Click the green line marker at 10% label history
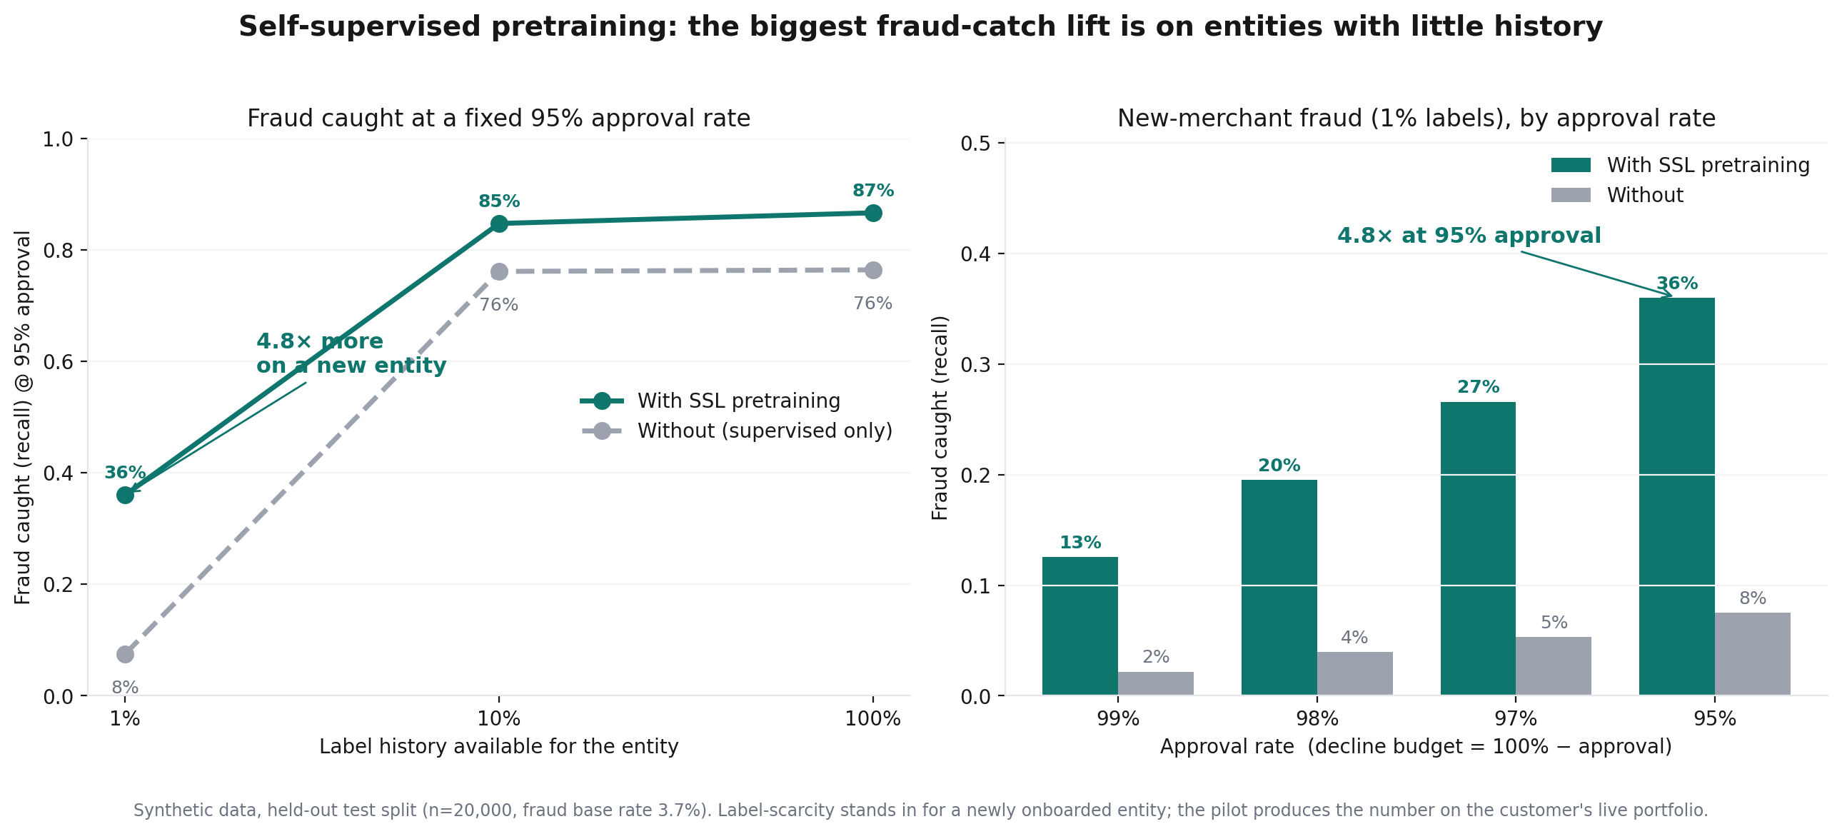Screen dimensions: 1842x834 (499, 223)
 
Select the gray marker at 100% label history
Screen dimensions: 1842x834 (873, 270)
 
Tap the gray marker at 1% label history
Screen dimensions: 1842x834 (125, 654)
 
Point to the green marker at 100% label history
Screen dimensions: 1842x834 (873, 213)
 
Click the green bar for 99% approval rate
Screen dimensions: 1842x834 (1079, 626)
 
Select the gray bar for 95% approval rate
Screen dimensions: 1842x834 (1753, 654)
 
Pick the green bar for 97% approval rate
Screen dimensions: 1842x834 (1478, 548)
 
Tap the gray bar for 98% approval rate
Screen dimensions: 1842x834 (1355, 673)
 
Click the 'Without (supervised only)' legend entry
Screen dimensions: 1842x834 (737, 431)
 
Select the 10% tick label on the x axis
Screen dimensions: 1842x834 (499, 719)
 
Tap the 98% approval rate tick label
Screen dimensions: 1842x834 (1317, 719)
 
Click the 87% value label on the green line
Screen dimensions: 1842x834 (873, 190)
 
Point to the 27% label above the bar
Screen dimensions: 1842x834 (1478, 387)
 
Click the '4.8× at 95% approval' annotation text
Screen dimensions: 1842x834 (1469, 236)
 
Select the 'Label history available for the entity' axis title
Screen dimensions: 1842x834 (498, 746)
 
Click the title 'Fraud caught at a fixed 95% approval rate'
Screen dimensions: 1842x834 (498, 118)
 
